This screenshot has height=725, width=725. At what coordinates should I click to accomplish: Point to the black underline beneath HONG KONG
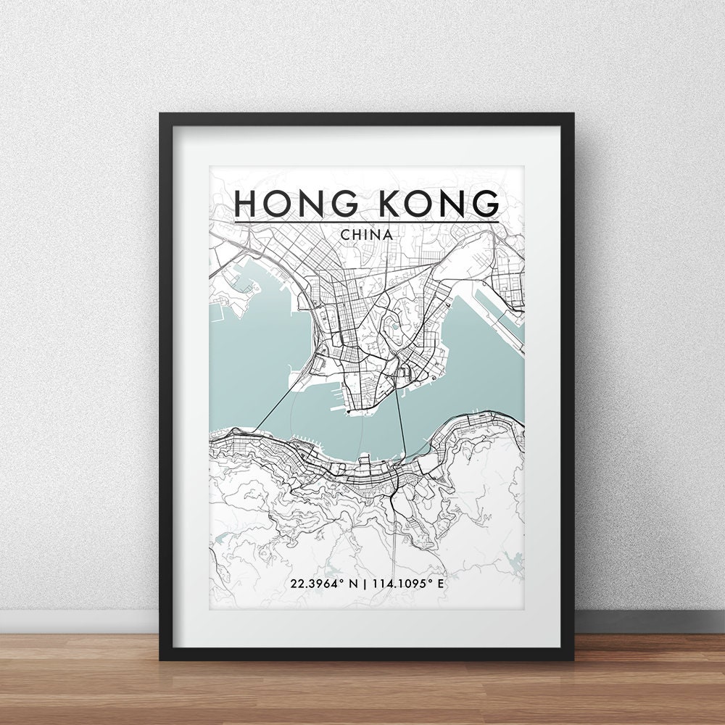(366, 221)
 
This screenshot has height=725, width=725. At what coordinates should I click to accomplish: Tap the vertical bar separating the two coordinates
(364, 583)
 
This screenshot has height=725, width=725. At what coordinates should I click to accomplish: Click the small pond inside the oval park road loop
(395, 326)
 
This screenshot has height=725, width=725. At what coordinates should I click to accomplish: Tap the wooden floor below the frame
(362, 689)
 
